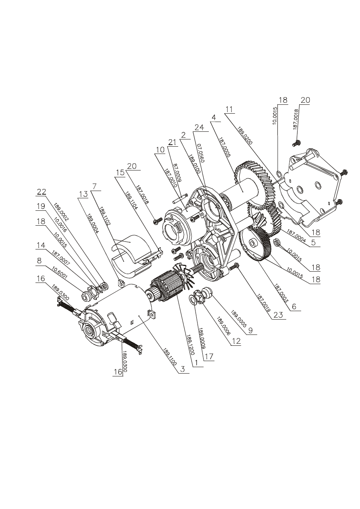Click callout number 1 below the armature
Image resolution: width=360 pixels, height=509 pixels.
196,362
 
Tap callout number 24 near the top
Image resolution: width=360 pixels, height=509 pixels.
198,128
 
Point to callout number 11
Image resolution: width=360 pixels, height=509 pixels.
229,109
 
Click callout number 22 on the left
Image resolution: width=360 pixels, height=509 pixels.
42,192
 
